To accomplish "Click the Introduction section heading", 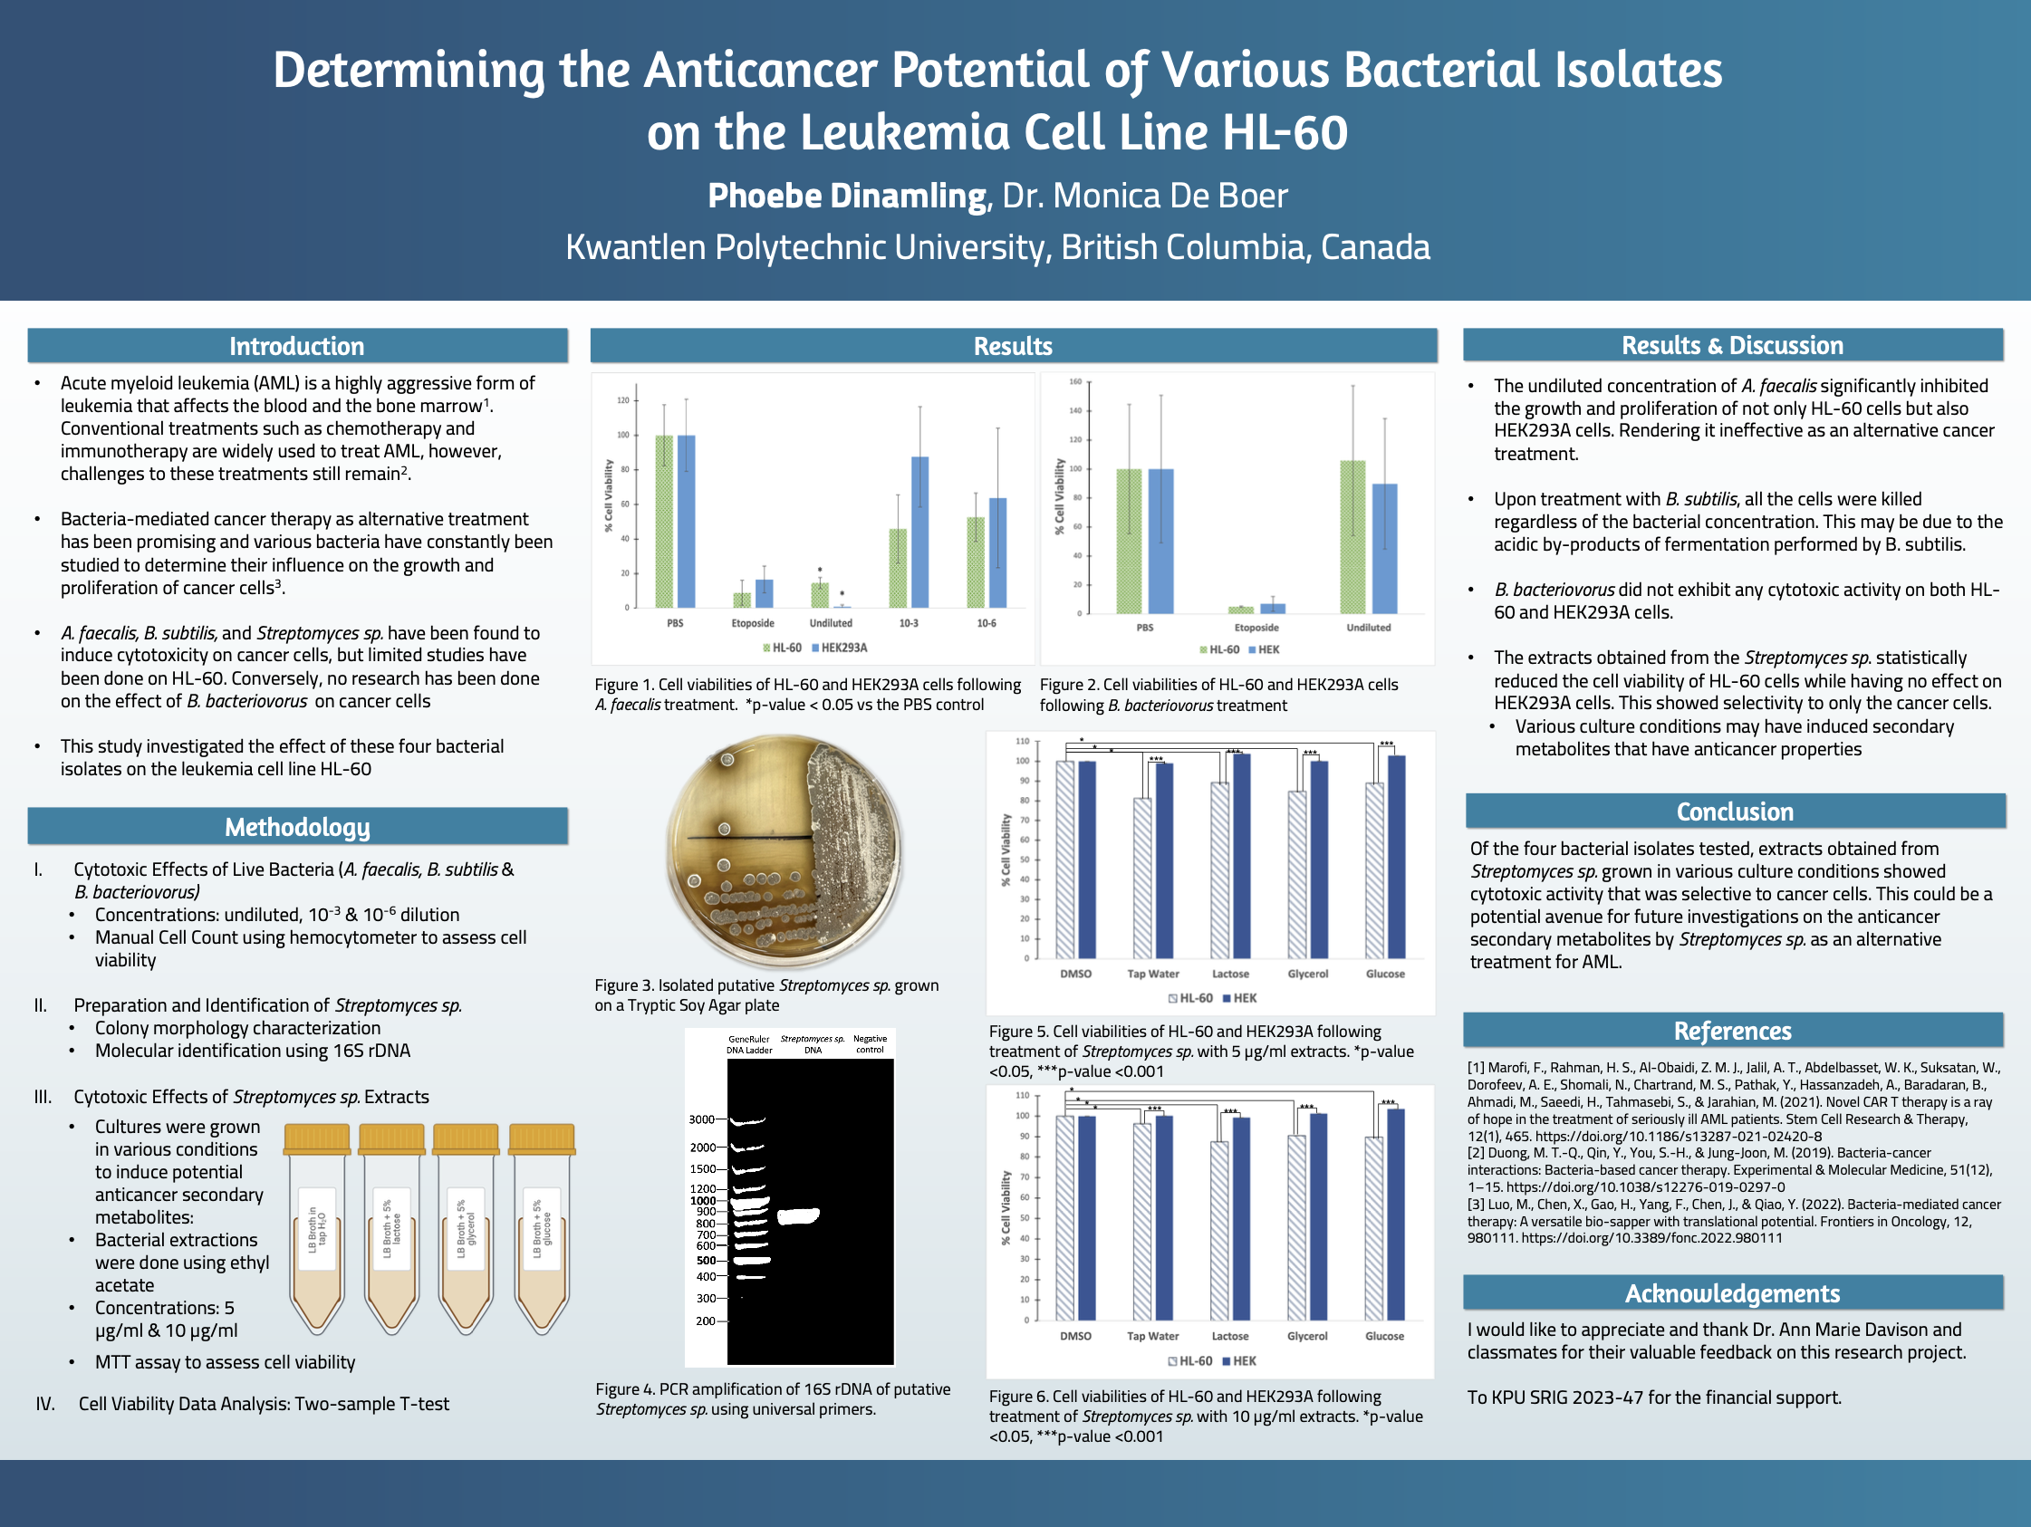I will [296, 346].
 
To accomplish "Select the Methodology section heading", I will [296, 827].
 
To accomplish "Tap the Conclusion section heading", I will [1735, 812].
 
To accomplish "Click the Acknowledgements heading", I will [1732, 1292].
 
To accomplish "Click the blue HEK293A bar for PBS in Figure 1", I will [686, 521].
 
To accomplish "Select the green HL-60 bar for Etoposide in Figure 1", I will [742, 600].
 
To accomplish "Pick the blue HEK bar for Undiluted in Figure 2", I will [1383, 548].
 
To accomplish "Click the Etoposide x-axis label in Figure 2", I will [1256, 628].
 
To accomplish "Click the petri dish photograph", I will [784, 850].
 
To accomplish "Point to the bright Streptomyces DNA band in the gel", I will [798, 1216].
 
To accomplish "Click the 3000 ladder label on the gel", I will [701, 1119].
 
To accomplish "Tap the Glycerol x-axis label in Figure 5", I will [1307, 975].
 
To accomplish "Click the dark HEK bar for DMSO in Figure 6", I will [1087, 1216].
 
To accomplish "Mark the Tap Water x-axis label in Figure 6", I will [1152, 1337].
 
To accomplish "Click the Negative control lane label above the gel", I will [870, 1044].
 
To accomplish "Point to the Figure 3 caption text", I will [766, 995].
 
